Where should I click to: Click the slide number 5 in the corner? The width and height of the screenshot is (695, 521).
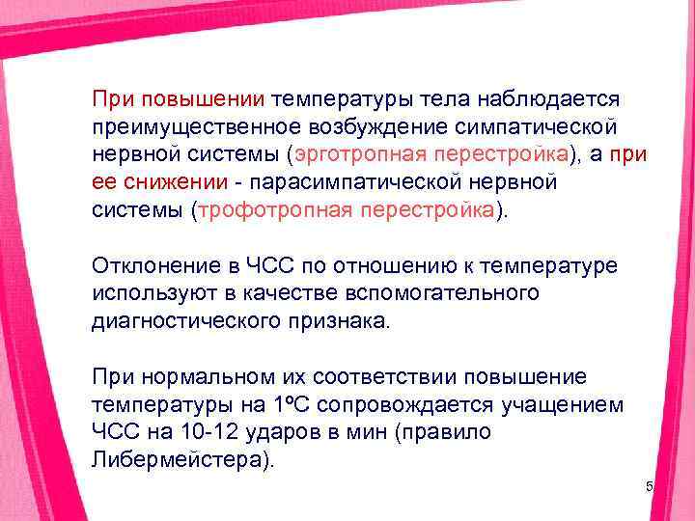[x=650, y=488]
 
